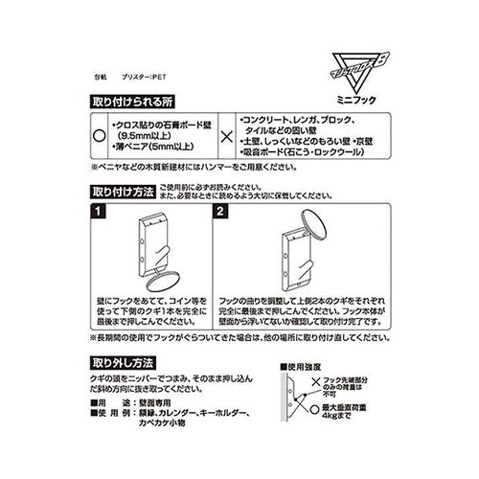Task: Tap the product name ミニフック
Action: [353, 99]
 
